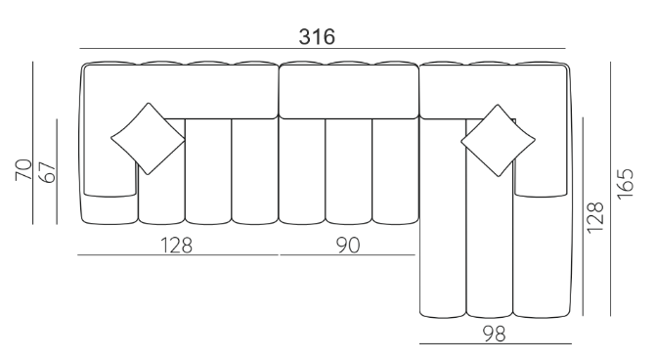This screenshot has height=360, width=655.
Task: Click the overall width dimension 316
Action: [x=317, y=37]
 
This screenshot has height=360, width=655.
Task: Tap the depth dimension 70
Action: [x=23, y=170]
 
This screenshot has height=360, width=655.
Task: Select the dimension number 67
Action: [x=48, y=172]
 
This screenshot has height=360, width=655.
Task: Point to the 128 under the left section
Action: [x=176, y=245]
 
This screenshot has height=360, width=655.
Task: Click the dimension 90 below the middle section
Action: [x=348, y=245]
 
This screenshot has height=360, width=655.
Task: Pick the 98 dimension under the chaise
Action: [x=494, y=334]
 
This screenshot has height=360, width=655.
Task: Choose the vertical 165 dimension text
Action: [x=626, y=184]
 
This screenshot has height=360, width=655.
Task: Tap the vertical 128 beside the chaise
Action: [x=595, y=218]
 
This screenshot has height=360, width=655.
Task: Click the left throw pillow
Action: [x=148, y=139]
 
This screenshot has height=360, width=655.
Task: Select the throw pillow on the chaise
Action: [x=498, y=141]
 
